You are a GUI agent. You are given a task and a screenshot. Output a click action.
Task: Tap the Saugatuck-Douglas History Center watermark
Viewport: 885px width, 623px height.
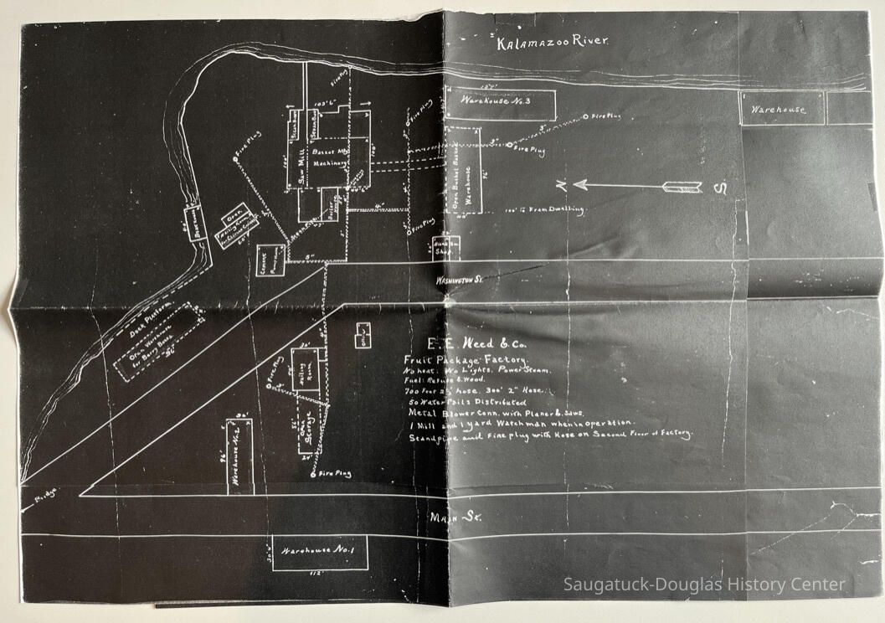[704, 585]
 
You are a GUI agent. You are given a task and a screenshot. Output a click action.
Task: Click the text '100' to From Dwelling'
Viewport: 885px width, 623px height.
[546, 209]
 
